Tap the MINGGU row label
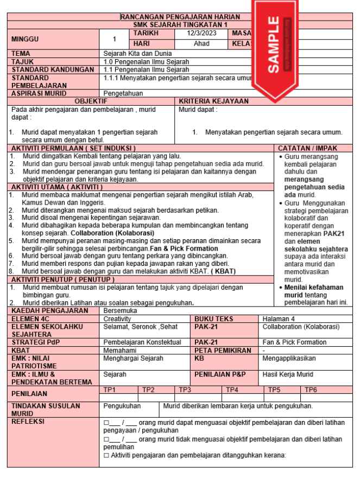pyautogui.click(x=27, y=39)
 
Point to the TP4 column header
pyautogui.click(x=233, y=389)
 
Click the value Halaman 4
pyautogui.click(x=279, y=318)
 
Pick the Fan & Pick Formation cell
pyautogui.click(x=292, y=343)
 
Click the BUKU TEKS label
pyautogui.click(x=210, y=318)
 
